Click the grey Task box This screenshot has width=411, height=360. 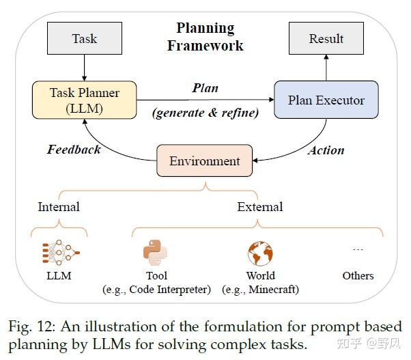tap(85, 38)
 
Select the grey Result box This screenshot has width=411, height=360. tap(326, 38)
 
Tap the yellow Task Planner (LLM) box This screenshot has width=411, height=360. tap(85, 100)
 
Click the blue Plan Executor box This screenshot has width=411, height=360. tap(326, 100)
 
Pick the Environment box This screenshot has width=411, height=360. tap(204, 161)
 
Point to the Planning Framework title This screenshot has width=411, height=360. tap(205, 37)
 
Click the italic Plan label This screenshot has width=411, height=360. tap(205, 88)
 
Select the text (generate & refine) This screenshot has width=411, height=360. tap(205, 113)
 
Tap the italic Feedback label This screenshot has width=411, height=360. tap(74, 150)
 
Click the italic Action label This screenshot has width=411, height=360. tap(326, 150)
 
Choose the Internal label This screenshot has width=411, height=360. tap(59, 206)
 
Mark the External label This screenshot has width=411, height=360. tap(260, 206)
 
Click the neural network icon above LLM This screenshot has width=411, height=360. tap(61, 252)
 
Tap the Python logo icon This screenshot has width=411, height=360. tap(155, 253)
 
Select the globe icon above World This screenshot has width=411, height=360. tap(260, 253)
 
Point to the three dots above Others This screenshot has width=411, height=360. tap(358, 249)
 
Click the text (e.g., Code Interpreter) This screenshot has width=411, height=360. tap(157, 290)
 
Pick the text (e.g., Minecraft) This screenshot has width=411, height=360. tap(260, 290)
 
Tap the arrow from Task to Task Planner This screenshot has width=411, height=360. tap(84, 68)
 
